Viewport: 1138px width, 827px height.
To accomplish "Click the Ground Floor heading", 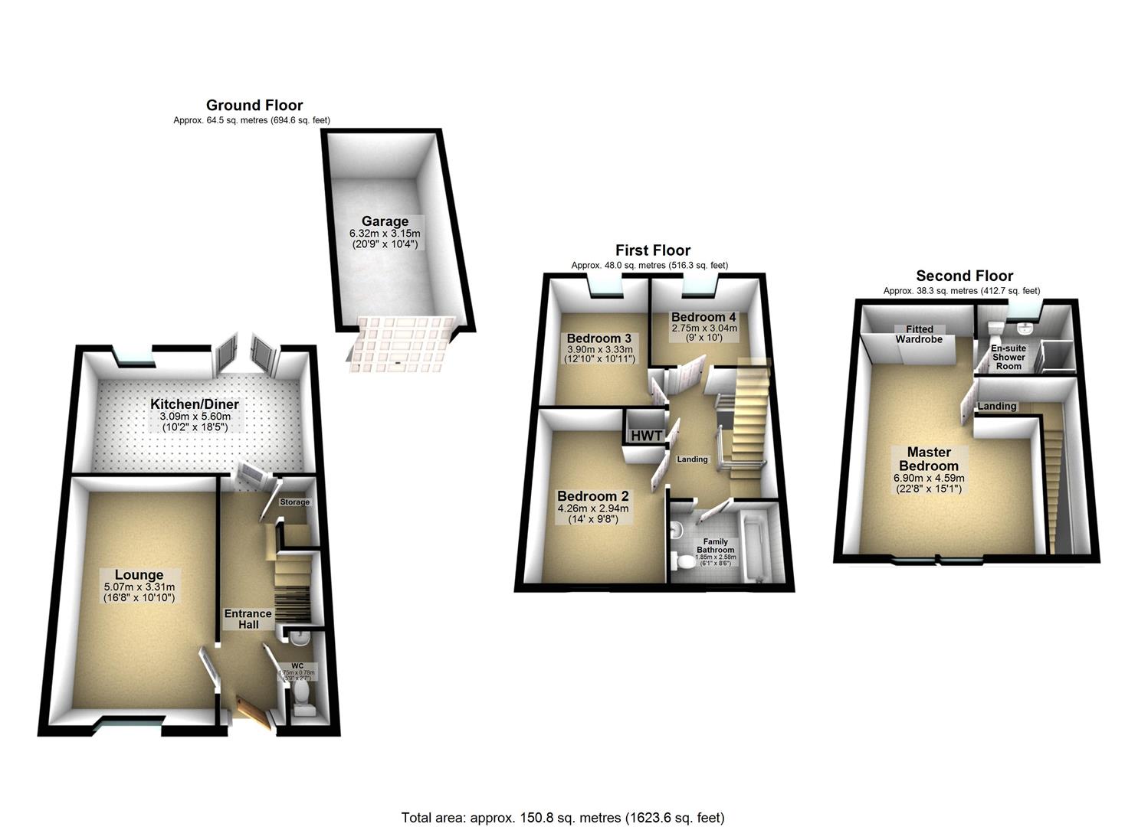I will coord(254,106).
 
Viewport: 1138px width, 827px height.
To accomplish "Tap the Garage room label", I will coord(385,221).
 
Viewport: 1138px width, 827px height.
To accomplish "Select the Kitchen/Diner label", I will coord(195,404).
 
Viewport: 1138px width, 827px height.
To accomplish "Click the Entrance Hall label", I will coord(248,619).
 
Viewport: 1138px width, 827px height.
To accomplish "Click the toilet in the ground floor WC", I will coord(303,697).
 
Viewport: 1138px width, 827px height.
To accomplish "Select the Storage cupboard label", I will coord(295,502).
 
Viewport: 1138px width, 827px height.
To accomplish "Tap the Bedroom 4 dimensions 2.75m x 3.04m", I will coord(704,329).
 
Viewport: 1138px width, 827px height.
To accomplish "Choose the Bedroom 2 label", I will coord(593,495).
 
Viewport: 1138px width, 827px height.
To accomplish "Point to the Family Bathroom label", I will coord(715,546).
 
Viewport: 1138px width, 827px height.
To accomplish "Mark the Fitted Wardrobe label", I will coord(920,334).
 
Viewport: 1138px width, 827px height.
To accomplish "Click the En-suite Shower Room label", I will coord(1008,357).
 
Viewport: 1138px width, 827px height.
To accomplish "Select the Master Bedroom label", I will coord(929,459).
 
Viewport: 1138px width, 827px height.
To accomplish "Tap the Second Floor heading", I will coord(964,276).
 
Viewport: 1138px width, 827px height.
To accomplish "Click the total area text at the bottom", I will coord(563,817).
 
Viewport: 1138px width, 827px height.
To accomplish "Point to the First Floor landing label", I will coord(692,459).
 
